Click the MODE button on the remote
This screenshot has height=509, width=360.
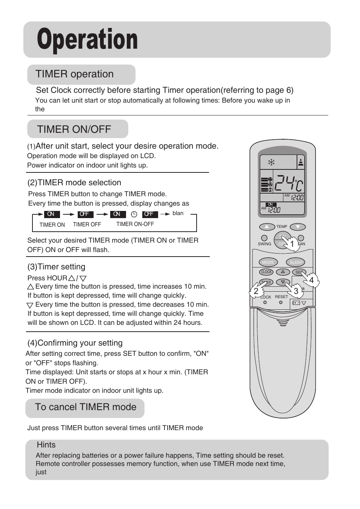click(268, 262)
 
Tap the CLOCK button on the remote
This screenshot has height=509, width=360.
click(266, 272)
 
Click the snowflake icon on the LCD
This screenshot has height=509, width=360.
click(271, 163)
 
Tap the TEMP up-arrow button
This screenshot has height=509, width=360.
click(267, 227)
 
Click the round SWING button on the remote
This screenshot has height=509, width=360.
click(264, 238)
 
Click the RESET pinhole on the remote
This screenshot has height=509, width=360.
click(280, 302)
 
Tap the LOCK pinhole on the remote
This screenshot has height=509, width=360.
click(265, 303)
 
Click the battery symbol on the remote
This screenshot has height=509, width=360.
click(296, 303)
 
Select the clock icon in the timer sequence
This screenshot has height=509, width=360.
click(134, 214)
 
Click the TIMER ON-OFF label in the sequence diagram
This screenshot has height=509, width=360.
click(135, 224)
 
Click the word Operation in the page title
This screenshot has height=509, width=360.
click(88, 40)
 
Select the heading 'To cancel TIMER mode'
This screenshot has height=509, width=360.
click(86, 407)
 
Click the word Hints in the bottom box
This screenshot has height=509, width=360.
click(46, 445)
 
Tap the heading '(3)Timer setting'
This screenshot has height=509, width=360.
click(56, 267)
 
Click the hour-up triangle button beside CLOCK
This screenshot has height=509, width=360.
click(283, 272)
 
